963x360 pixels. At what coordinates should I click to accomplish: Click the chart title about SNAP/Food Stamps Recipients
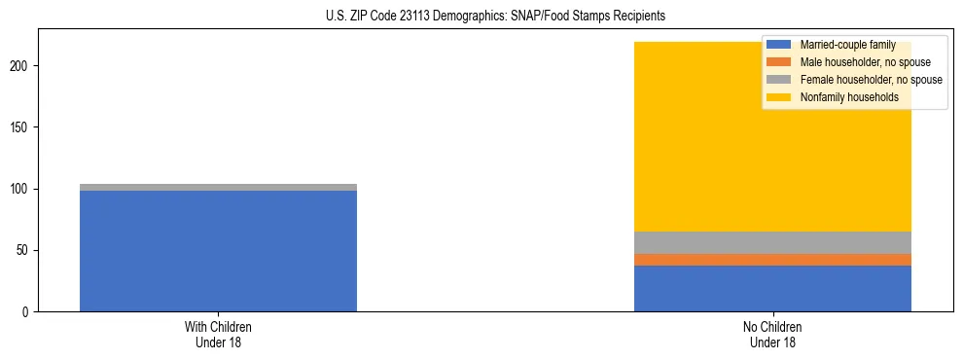click(482, 17)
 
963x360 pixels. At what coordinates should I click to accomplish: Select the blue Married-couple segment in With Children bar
click(218, 251)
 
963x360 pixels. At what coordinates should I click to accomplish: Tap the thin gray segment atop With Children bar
click(218, 187)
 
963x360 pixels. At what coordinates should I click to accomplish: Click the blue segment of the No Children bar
click(772, 288)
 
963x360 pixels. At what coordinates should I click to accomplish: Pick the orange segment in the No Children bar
click(772, 260)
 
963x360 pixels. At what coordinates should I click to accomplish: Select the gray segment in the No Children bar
click(772, 242)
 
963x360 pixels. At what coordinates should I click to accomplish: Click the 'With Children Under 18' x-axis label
click(218, 334)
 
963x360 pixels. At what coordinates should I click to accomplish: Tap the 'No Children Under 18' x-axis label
click(772, 334)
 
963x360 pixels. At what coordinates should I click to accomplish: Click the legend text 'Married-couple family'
click(847, 45)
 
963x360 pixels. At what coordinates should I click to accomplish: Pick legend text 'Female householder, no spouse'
click(871, 80)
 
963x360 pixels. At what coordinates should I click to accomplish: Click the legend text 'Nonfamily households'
click(848, 97)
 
